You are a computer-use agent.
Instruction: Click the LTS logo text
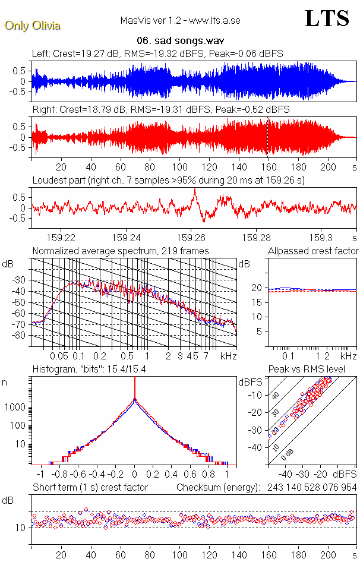pyautogui.click(x=327, y=18)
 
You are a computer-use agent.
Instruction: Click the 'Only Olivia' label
pyautogui.click(x=33, y=26)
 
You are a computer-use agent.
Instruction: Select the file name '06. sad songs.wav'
pyautogui.click(x=180, y=41)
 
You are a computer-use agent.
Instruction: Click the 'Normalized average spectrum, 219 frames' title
pyautogui.click(x=121, y=251)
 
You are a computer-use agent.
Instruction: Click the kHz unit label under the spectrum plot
pyautogui.click(x=228, y=356)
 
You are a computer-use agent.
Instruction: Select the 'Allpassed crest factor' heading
pyautogui.click(x=313, y=251)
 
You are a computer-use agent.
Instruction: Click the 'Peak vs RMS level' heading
pyautogui.click(x=315, y=370)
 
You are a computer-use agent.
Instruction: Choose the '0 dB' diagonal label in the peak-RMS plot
pyautogui.click(x=288, y=453)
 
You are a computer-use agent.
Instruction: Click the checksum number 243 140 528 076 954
pyautogui.click(x=310, y=487)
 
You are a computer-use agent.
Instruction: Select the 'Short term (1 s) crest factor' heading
pyautogui.click(x=90, y=487)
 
